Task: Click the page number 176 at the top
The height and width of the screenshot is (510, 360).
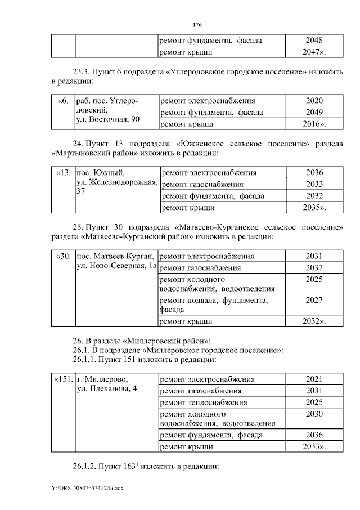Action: [197, 25]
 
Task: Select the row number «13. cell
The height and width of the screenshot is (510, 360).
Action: [63, 173]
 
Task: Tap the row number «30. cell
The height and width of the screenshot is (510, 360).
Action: [63, 256]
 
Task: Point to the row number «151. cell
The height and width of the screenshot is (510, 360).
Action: [63, 379]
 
